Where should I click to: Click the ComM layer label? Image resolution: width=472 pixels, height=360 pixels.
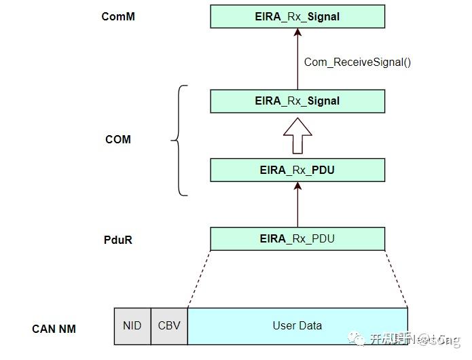117,16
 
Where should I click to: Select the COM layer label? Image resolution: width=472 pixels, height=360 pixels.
117,140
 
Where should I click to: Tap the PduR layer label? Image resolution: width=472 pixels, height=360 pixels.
118,240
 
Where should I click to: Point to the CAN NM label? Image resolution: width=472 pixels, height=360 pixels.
54,329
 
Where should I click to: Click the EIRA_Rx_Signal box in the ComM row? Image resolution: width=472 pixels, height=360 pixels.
297,16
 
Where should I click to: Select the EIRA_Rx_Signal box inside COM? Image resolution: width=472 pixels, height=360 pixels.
297,101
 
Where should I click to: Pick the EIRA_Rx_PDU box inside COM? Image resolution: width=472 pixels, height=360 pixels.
297,170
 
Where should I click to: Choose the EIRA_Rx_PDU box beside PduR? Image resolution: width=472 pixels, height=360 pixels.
297,239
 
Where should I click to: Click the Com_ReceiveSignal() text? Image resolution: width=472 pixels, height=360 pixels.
357,62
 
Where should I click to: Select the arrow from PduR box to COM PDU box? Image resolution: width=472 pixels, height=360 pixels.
297,204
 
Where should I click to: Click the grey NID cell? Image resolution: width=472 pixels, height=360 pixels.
132,326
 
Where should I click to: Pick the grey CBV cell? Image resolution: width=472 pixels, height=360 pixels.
169,326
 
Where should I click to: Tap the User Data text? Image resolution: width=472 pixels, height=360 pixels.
297,326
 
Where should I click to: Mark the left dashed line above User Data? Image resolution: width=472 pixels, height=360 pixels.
199,279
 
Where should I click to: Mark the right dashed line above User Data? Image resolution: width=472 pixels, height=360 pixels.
396,279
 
